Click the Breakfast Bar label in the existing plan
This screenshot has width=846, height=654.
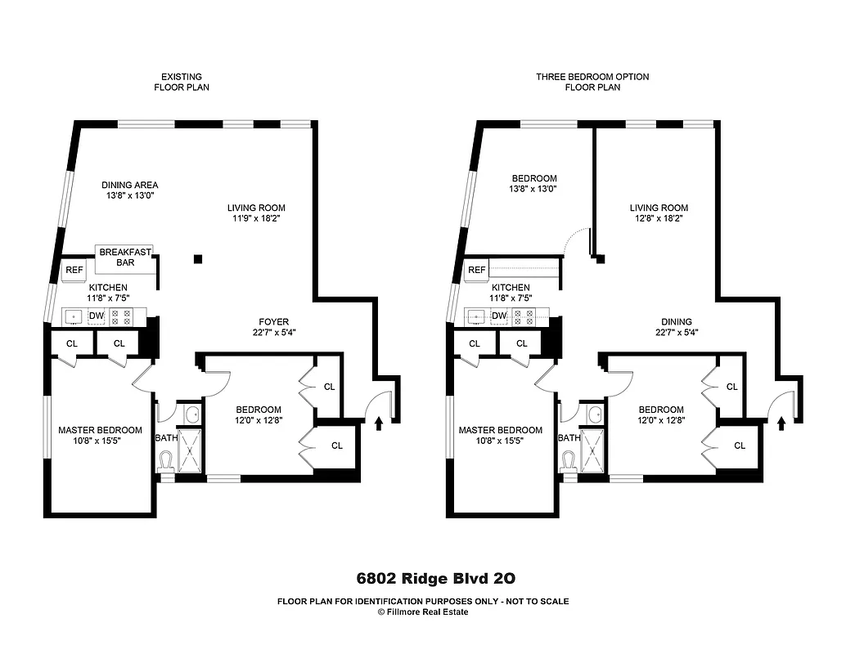click(x=125, y=257)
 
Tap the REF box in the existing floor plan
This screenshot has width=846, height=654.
click(x=74, y=270)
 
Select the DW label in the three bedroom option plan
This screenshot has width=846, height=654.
click(x=499, y=316)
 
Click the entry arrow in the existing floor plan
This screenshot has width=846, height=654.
click(x=378, y=423)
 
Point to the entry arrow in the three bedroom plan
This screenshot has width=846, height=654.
click(x=781, y=423)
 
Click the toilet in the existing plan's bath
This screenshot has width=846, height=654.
click(x=167, y=462)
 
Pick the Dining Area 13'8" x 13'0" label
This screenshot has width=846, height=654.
click(x=129, y=190)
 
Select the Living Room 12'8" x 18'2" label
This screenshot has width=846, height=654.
click(x=659, y=213)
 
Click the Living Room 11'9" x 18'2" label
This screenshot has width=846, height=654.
click(x=256, y=213)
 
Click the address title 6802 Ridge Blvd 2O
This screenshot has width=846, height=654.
click(x=435, y=579)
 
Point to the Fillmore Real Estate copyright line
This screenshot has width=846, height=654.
click(x=422, y=611)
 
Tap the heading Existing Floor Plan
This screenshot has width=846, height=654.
click(x=182, y=82)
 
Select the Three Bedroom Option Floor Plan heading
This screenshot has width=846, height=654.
click(x=592, y=82)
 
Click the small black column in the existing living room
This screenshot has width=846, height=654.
click(x=198, y=259)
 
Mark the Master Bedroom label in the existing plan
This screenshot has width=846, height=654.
click(x=100, y=435)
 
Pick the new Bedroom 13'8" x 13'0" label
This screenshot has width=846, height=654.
click(x=534, y=183)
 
